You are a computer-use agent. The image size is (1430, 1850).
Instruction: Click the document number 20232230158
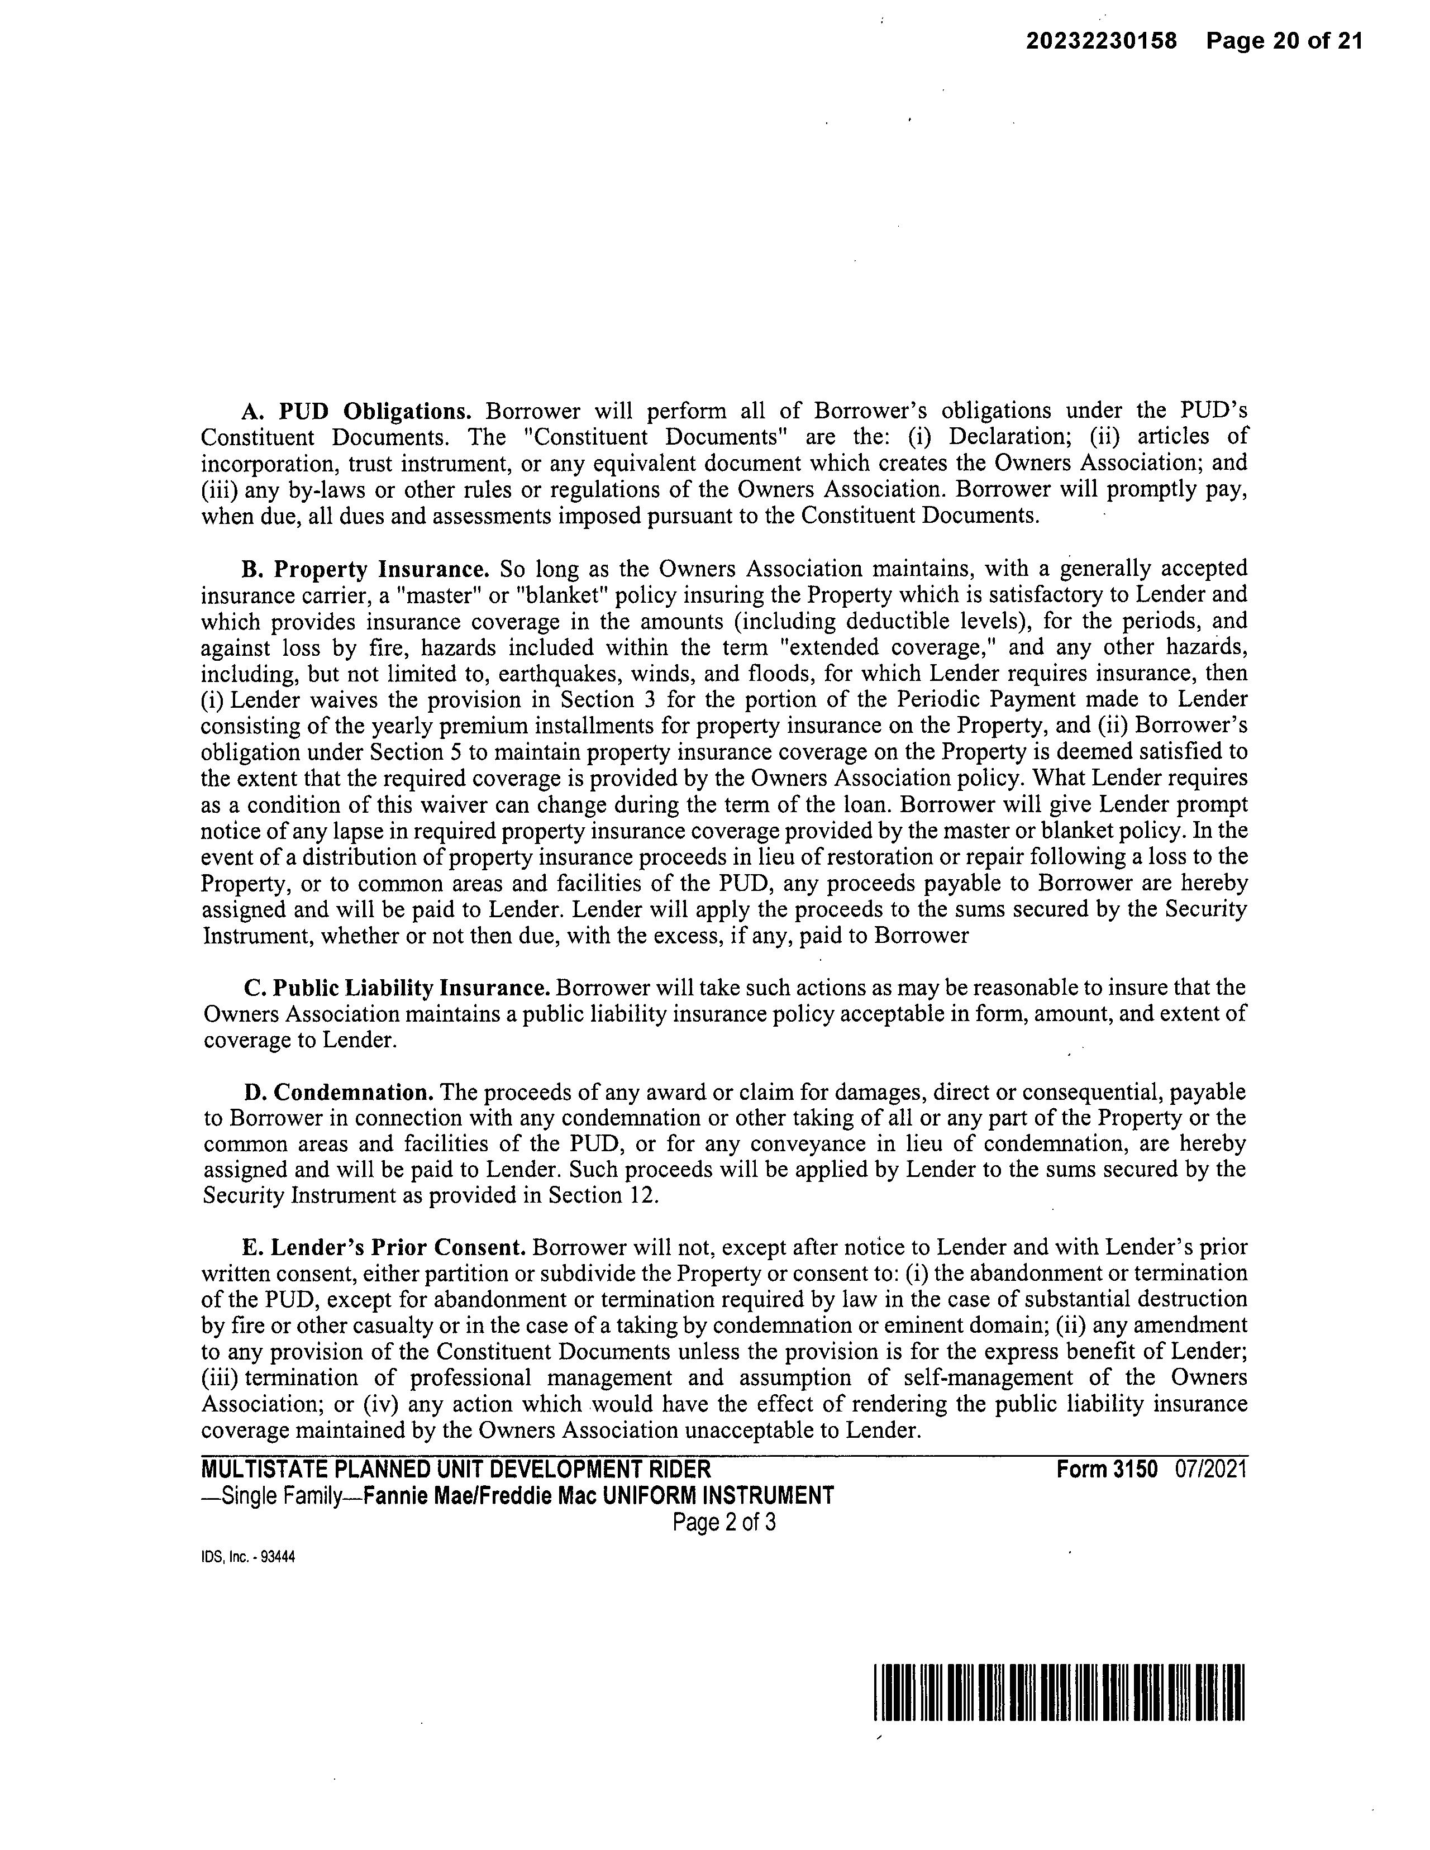[1102, 41]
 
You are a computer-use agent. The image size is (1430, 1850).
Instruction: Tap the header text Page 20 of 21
[1284, 41]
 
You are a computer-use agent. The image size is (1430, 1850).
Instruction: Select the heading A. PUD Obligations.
[356, 412]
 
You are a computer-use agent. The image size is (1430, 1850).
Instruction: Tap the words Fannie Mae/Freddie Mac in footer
[479, 1496]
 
